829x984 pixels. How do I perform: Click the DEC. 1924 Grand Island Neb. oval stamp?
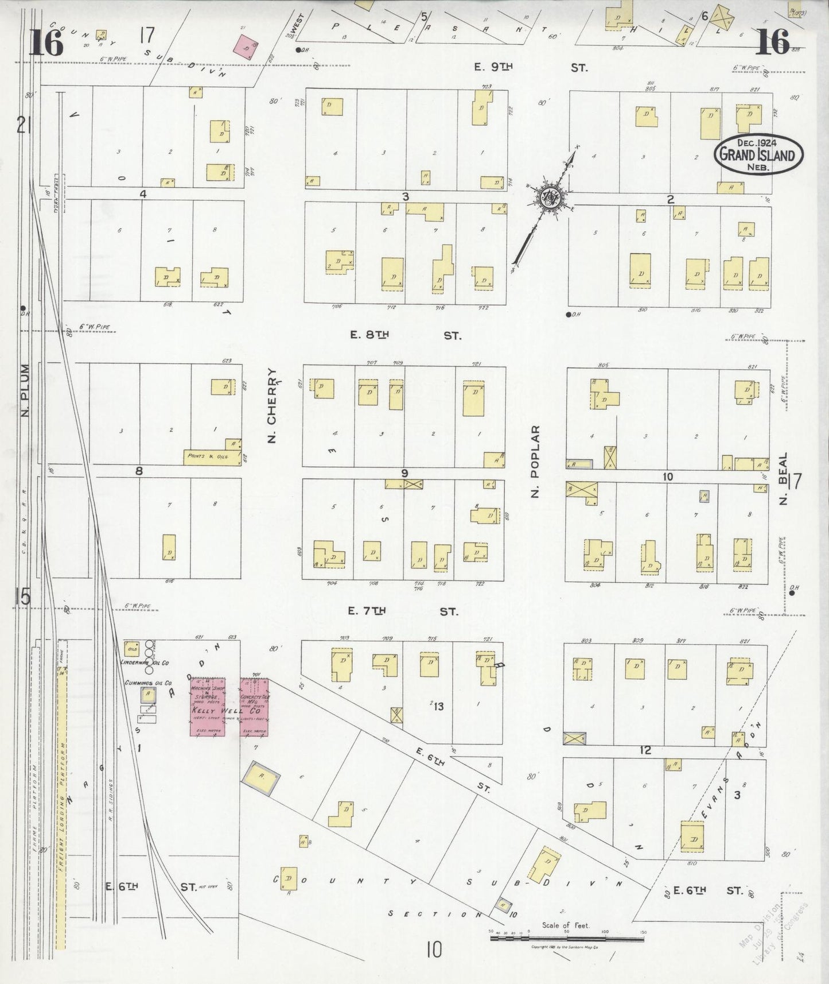[x=758, y=154]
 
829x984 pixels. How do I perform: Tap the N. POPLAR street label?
[x=535, y=461]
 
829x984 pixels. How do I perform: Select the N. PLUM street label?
[x=25, y=390]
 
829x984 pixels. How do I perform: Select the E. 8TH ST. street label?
[x=404, y=335]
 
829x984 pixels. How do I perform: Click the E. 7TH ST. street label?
[x=403, y=612]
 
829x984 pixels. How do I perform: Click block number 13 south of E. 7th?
[x=438, y=707]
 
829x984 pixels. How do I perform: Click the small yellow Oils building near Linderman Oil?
[x=132, y=649]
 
